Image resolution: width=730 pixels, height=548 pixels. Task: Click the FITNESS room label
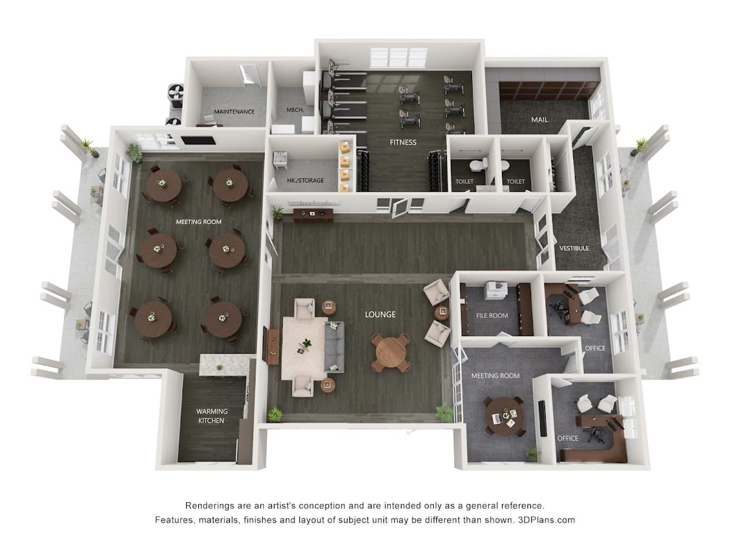[x=403, y=142]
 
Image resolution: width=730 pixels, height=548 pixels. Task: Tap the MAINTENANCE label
[x=234, y=111]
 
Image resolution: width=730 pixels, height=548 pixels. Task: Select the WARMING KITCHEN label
[x=212, y=416]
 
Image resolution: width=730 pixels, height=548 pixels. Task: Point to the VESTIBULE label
[x=574, y=248]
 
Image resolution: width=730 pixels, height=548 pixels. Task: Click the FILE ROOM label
[x=492, y=315]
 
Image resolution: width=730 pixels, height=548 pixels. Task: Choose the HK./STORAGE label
[x=305, y=180]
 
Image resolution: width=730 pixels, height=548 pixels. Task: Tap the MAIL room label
[x=540, y=119]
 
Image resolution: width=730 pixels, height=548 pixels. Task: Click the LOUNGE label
[x=380, y=314]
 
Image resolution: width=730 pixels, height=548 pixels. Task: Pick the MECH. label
[x=295, y=110]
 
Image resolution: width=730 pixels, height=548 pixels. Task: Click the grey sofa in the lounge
[x=334, y=346]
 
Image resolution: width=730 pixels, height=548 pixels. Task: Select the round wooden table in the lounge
[x=391, y=353]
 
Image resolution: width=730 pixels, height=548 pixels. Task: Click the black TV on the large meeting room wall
[x=198, y=141]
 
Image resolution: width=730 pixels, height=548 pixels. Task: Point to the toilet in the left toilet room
[x=479, y=164]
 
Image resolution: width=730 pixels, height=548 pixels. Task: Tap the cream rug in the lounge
[x=304, y=348]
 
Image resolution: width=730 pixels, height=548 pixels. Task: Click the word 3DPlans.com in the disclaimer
[x=546, y=520]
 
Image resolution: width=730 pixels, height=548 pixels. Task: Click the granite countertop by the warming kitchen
[x=224, y=365]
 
